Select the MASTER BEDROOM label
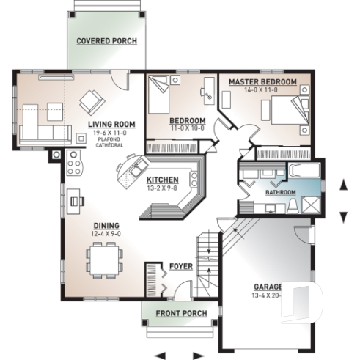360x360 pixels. tap(262, 81)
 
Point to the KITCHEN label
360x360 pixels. tap(161, 180)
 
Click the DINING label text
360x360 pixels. tap(106, 226)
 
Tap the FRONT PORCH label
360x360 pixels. tap(181, 314)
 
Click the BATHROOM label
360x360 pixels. tap(280, 193)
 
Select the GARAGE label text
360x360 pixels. tap(268, 286)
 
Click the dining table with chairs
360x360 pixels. tap(103, 260)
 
